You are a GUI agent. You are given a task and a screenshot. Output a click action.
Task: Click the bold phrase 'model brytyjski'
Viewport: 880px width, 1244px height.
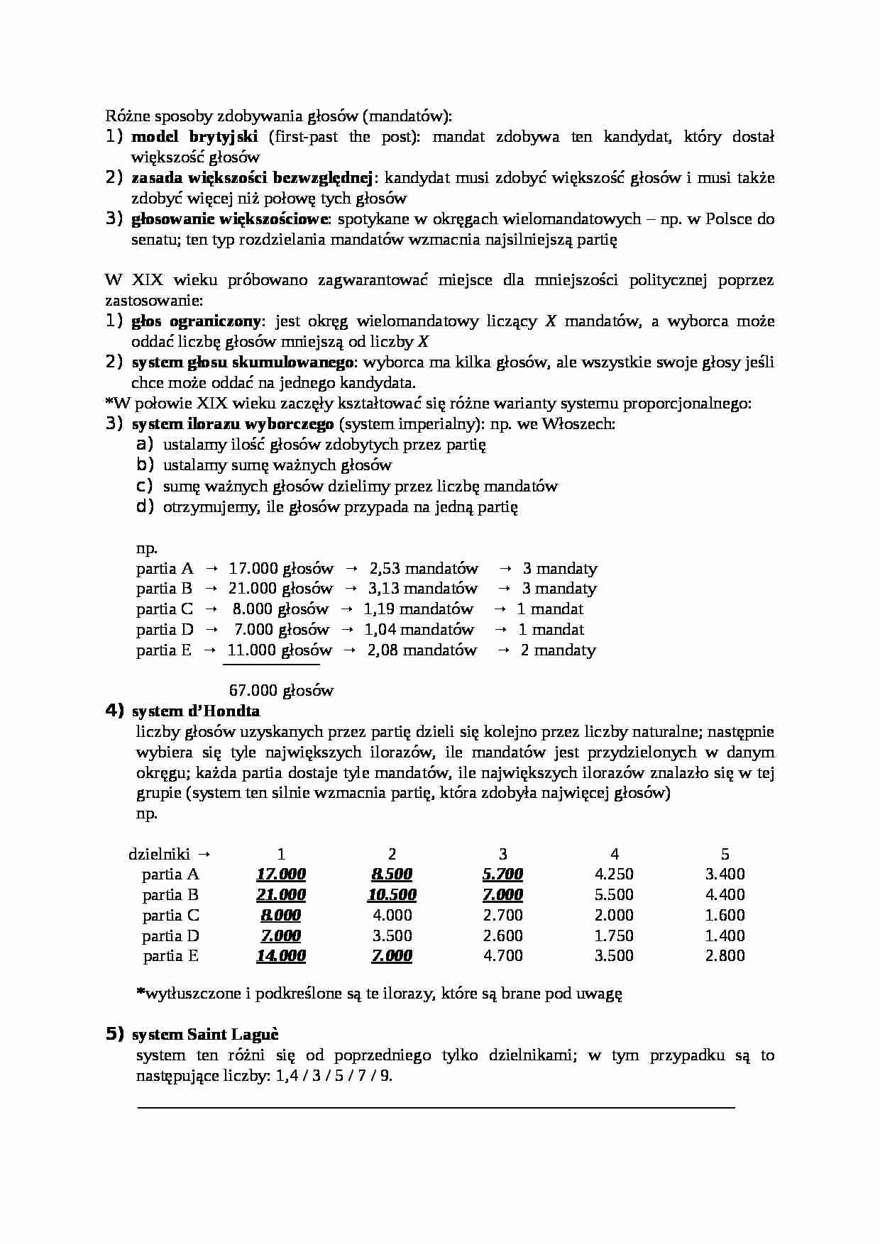pos(194,137)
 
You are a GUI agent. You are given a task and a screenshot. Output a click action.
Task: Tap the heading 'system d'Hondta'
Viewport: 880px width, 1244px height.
pos(196,711)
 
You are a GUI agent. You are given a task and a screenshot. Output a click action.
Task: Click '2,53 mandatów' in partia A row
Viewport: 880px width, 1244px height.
pos(424,568)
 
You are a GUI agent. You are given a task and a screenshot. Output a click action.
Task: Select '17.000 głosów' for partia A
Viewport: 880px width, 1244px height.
pos(281,568)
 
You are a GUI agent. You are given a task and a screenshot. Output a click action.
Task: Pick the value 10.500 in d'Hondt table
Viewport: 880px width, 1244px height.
pos(392,894)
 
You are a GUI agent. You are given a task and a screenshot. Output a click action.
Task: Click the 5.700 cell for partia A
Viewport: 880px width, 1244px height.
pos(502,874)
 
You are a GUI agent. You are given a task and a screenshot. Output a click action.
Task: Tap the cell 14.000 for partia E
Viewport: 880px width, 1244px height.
pos(281,955)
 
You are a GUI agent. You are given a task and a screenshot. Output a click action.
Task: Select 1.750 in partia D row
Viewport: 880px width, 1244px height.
pos(614,935)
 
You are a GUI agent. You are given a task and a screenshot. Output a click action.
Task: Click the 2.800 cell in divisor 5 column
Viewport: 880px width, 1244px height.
pos(725,955)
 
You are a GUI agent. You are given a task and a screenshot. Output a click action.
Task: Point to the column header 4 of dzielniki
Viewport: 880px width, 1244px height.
pos(615,854)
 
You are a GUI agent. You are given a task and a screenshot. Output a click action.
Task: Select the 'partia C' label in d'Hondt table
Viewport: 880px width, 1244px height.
pos(170,915)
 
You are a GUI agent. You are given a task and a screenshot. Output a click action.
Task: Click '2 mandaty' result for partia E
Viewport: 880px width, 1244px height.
pos(558,650)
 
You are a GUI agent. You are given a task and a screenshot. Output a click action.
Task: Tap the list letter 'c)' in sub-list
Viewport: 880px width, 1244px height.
pos(145,486)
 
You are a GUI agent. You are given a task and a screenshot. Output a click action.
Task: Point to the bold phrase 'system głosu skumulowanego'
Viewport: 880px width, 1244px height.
pos(243,362)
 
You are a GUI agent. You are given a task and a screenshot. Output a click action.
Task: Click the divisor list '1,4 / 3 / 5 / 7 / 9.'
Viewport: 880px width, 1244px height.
pos(334,1075)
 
